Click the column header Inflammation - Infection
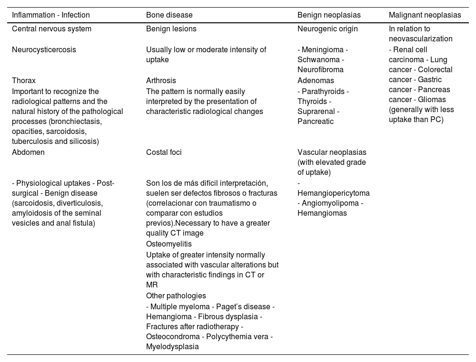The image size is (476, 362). (51, 15)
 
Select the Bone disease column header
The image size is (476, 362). (169, 15)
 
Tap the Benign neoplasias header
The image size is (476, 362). (329, 15)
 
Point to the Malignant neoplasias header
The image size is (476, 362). (425, 15)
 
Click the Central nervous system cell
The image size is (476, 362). (51, 29)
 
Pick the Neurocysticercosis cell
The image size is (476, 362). (44, 49)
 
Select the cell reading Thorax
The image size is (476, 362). (24, 80)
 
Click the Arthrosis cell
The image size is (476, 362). (161, 80)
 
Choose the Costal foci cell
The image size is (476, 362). (164, 152)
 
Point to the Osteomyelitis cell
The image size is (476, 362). (169, 244)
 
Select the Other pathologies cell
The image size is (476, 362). (176, 295)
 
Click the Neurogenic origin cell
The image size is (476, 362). (327, 29)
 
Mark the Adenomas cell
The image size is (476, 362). (316, 80)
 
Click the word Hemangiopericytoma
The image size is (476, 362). (334, 193)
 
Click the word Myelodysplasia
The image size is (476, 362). (172, 347)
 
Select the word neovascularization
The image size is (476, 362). (420, 38)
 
